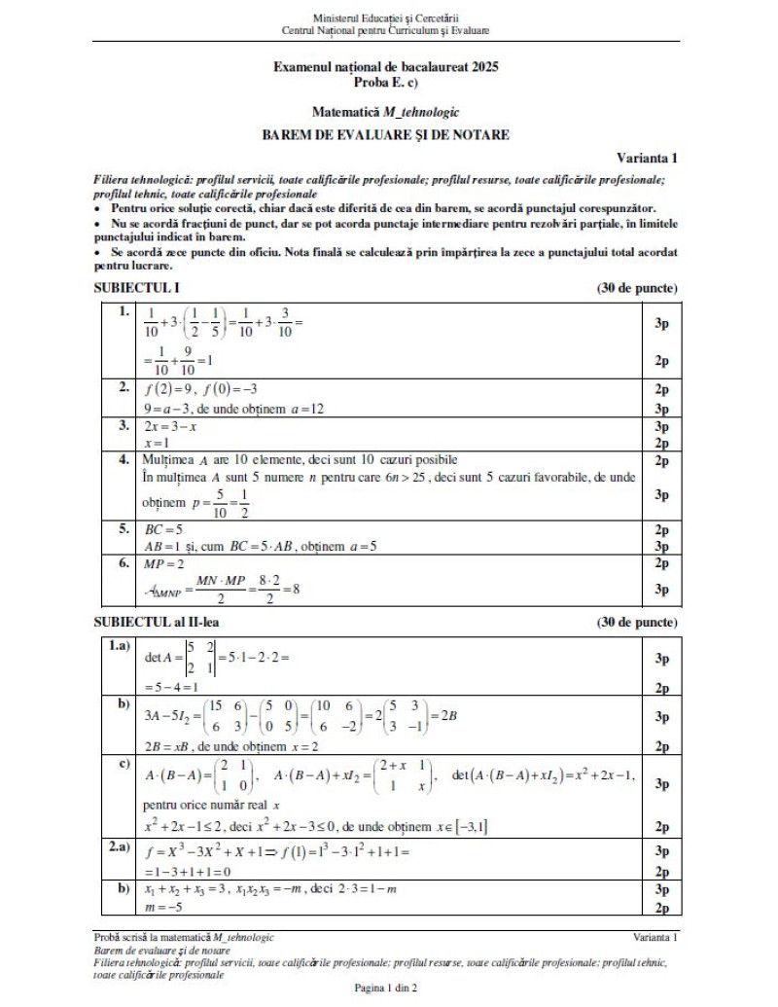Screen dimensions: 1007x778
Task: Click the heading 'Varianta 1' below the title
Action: coord(647,158)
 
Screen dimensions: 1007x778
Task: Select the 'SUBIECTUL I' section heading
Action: coord(136,288)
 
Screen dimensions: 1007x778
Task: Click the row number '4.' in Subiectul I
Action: coord(124,459)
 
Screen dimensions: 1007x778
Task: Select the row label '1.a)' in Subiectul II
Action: coord(122,647)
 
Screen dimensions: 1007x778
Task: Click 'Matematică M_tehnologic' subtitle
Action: coord(386,113)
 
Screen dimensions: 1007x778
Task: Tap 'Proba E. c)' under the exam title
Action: coord(386,82)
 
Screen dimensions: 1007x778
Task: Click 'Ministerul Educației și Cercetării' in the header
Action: coord(386,18)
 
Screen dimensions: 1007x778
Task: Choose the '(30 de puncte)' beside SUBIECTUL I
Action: coord(637,288)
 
